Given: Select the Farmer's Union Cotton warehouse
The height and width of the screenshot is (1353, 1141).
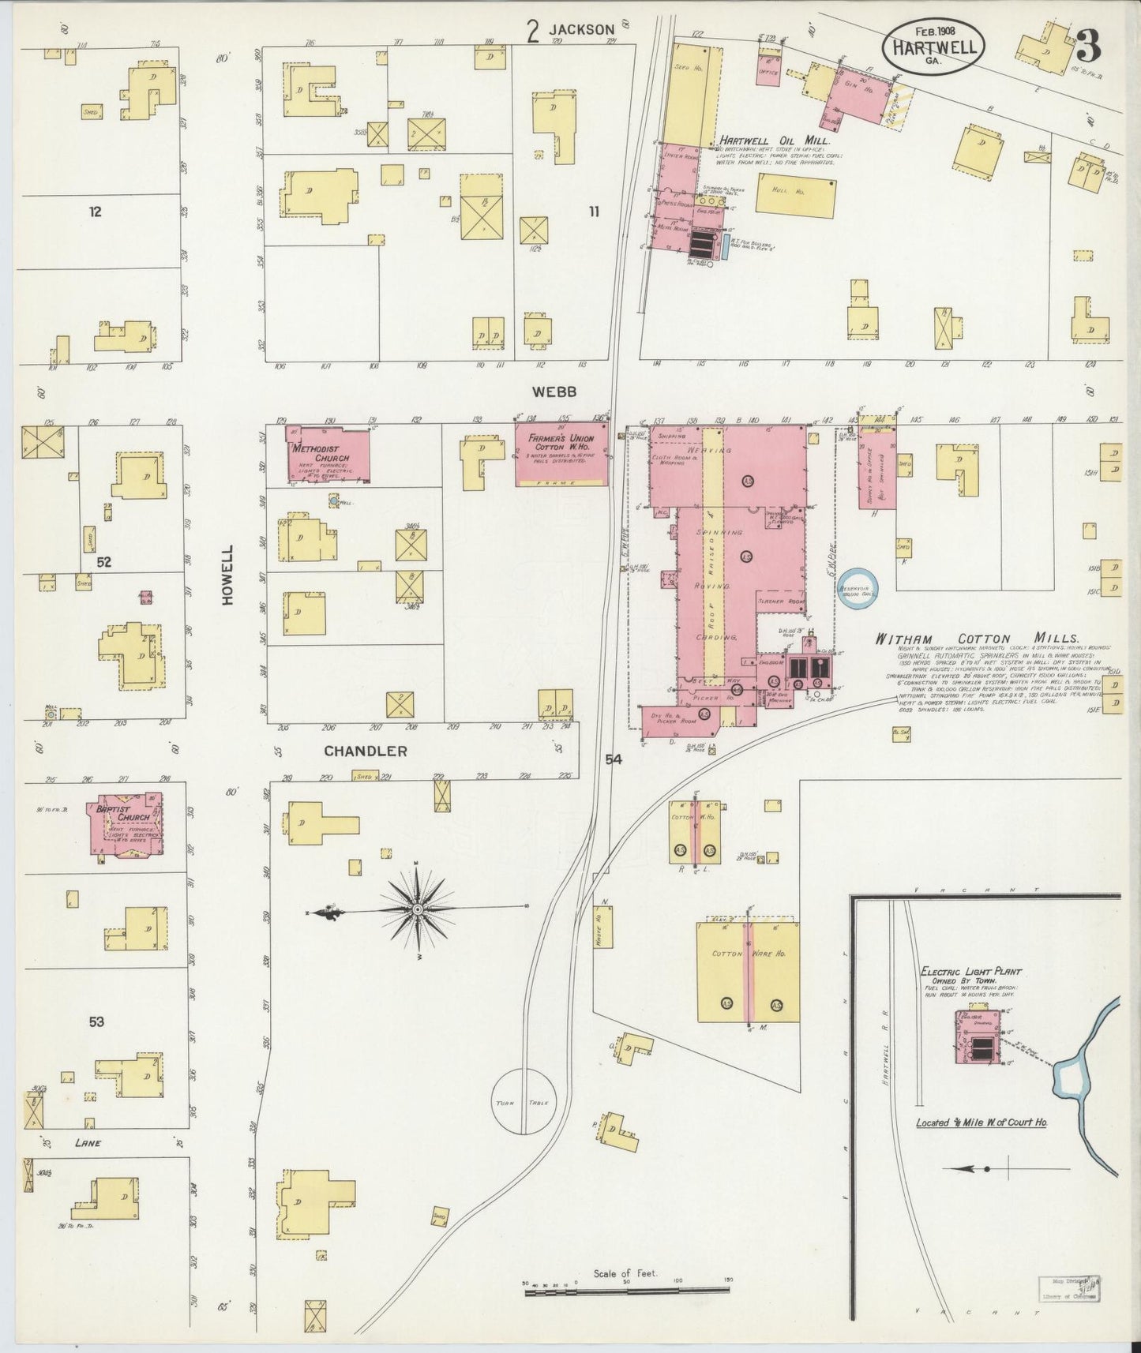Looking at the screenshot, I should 561,456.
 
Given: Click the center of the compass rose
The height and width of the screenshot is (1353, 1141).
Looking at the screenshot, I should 416,910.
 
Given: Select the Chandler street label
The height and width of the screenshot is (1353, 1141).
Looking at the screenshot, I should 366,751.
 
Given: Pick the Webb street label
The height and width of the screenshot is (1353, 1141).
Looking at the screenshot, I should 554,392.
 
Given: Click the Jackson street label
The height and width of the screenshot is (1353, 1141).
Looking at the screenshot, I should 582,30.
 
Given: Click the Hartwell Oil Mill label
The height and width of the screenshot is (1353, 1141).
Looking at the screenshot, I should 773,141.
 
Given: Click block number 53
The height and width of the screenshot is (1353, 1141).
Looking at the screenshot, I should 96,1021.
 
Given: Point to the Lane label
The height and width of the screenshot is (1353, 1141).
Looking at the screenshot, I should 88,1143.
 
